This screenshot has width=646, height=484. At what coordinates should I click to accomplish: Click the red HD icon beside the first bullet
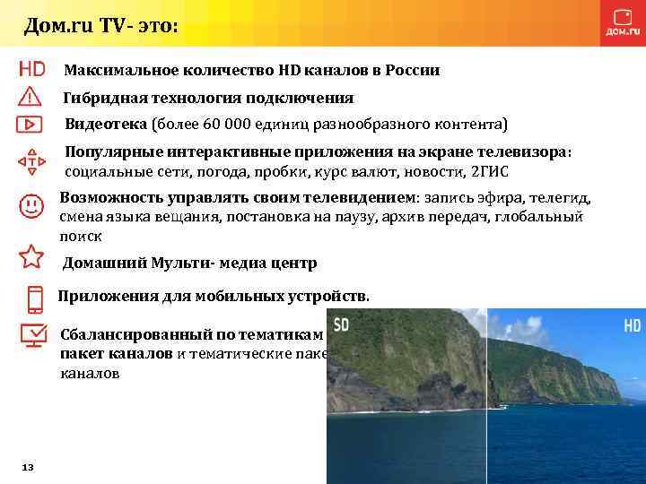pyautogui.click(x=31, y=69)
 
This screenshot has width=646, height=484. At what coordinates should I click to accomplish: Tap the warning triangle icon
pyautogui.click(x=31, y=96)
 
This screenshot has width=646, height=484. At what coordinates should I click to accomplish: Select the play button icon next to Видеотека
pyautogui.click(x=31, y=123)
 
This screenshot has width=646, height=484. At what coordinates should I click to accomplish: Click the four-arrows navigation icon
pyautogui.click(x=31, y=162)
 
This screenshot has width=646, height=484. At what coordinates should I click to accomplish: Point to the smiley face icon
pyautogui.click(x=31, y=204)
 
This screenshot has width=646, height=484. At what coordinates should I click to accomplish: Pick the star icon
pyautogui.click(x=31, y=256)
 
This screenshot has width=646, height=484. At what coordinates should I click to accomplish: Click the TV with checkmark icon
pyautogui.click(x=33, y=337)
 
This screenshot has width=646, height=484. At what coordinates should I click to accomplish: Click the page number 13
pyautogui.click(x=27, y=468)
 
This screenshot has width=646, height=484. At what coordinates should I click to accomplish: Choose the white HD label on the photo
pyautogui.click(x=632, y=324)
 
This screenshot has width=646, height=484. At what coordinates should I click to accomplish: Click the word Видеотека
pyautogui.click(x=106, y=123)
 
